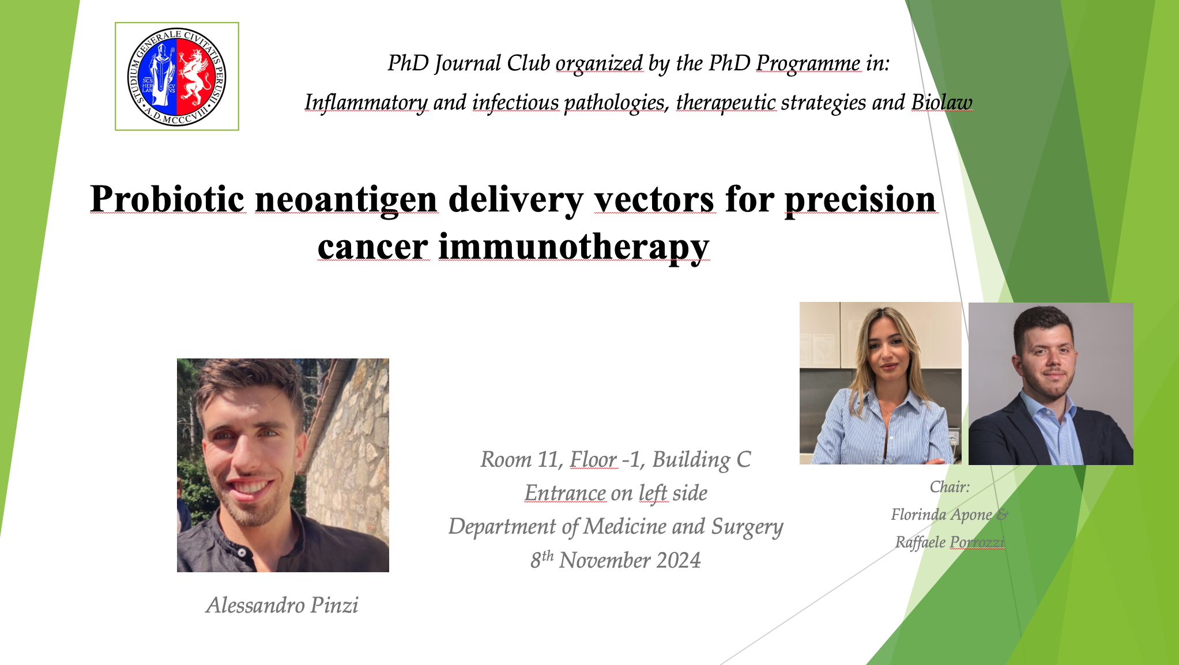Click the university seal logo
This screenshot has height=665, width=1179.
tap(177, 77)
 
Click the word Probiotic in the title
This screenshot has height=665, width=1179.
tap(168, 199)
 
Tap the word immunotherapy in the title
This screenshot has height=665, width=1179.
tap(574, 248)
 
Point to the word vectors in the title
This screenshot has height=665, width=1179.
tap(654, 199)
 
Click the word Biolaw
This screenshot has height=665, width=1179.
tap(941, 102)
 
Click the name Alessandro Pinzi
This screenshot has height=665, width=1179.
tap(282, 605)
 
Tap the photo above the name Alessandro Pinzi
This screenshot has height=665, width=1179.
tap(283, 465)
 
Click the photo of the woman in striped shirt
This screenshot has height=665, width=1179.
tap(880, 383)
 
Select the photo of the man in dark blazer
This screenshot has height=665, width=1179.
tap(1051, 384)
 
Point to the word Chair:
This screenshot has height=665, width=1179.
tap(950, 487)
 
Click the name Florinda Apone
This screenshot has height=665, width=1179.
tap(941, 514)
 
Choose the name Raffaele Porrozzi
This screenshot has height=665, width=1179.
tap(950, 542)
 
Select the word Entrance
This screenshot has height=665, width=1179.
tap(565, 493)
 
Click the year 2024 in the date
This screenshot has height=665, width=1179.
tap(678, 560)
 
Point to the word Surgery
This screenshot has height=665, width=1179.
tap(747, 527)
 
